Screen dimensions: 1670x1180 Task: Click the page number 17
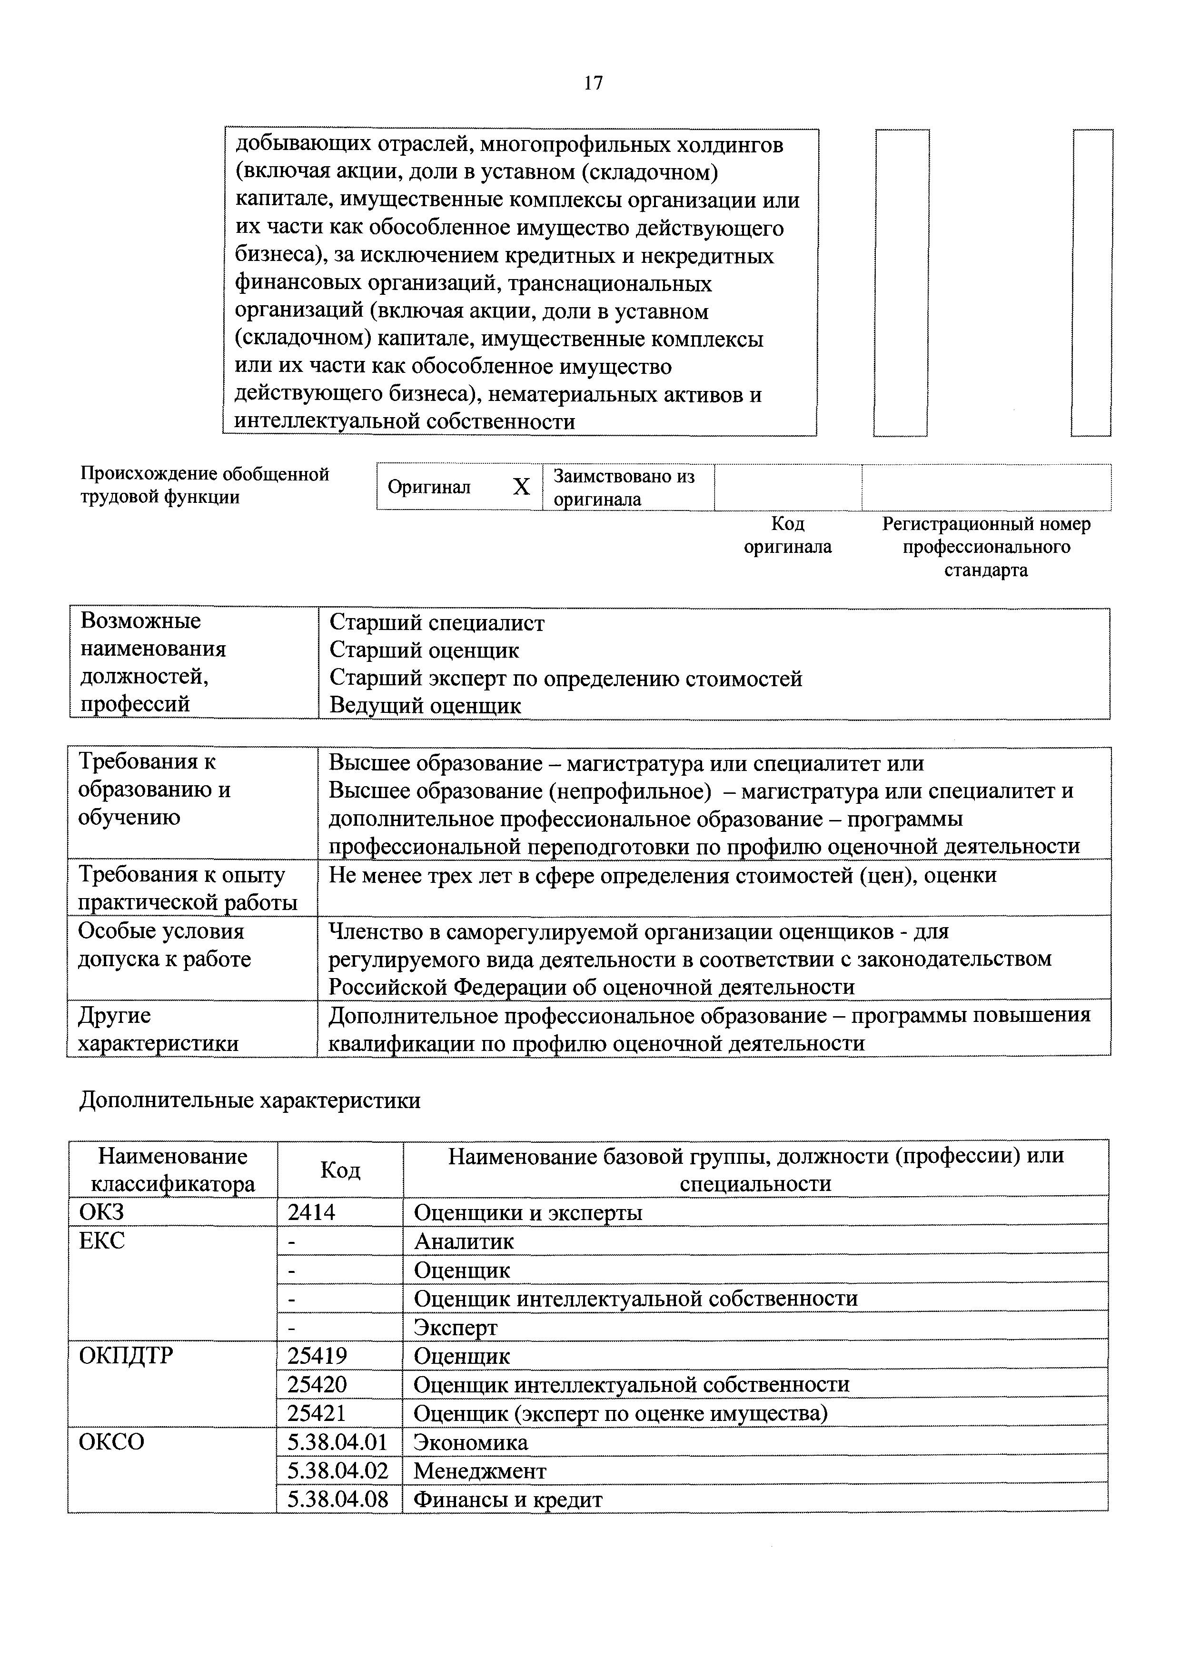[593, 83]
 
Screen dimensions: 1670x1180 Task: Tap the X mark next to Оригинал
[521, 487]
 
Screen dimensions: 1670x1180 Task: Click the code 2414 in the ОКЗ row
[311, 1212]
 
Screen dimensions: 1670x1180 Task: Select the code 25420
[317, 1383]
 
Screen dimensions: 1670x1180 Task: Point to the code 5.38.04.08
[338, 1499]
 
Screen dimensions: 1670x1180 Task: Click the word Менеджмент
[479, 1470]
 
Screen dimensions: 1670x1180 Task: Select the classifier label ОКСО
[111, 1441]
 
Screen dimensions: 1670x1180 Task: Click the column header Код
[339, 1170]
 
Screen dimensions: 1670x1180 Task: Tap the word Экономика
[470, 1441]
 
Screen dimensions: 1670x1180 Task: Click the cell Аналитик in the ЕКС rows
[463, 1241]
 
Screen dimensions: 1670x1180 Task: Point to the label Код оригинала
[787, 535]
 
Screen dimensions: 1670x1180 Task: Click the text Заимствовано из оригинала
[623, 487]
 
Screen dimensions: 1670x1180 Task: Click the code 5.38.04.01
[338, 1441]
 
